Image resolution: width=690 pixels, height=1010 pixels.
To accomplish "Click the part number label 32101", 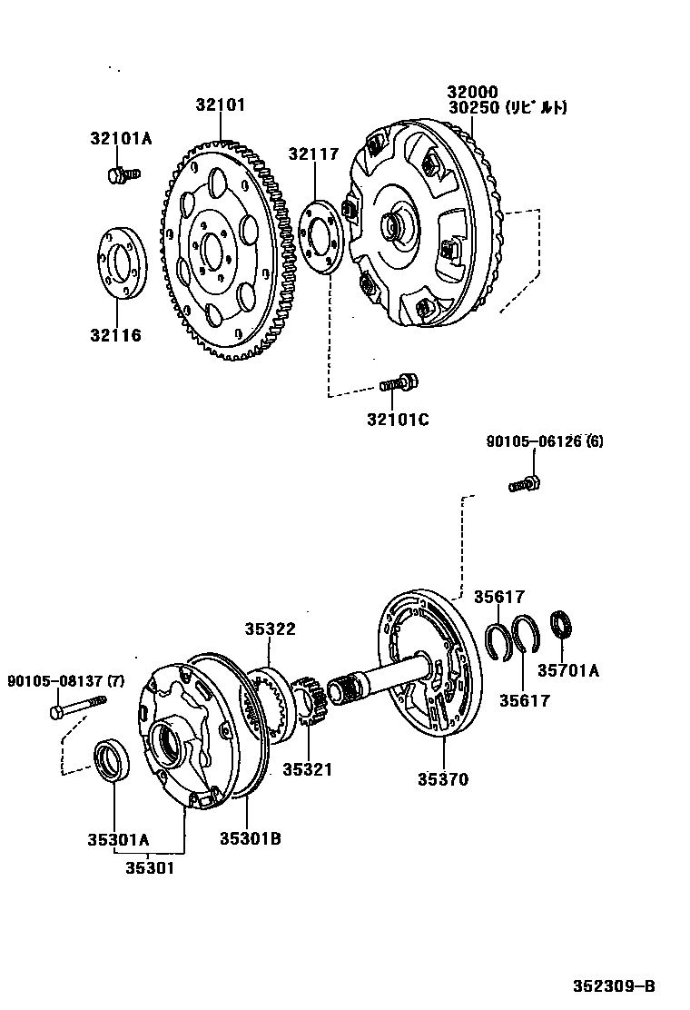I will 221,104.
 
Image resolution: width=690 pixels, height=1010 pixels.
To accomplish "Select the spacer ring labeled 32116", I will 120,262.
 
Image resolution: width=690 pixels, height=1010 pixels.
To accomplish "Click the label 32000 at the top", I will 472,92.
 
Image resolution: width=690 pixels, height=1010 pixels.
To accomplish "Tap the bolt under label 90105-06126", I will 526,483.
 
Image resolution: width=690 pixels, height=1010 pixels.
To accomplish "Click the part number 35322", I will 270,629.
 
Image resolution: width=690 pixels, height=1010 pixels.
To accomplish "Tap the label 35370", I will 443,779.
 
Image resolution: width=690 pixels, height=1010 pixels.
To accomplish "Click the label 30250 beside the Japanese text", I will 472,107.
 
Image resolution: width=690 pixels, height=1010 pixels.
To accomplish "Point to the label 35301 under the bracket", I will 150,866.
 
